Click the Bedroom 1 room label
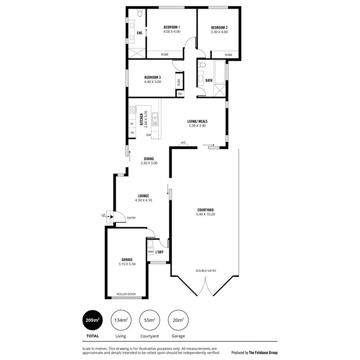[x=172, y=27]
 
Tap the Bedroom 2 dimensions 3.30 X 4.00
[x=219, y=32]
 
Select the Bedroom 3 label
[x=152, y=77]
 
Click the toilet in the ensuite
[x=139, y=14]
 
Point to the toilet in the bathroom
[x=203, y=65]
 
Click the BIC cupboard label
[x=180, y=94]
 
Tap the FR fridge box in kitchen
[x=132, y=132]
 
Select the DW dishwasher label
[x=148, y=135]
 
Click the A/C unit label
[x=184, y=142]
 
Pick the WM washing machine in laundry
[x=150, y=252]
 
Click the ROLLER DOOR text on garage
[x=126, y=294]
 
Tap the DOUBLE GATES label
[x=206, y=271]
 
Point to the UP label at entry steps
[x=103, y=216]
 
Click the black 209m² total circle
[x=92, y=320]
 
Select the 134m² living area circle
[x=121, y=320]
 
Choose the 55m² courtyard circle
[x=149, y=320]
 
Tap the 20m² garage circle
[x=178, y=320]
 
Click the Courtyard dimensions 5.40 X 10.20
[x=206, y=214]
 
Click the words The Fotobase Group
[x=263, y=352]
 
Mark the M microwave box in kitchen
[x=132, y=124]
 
